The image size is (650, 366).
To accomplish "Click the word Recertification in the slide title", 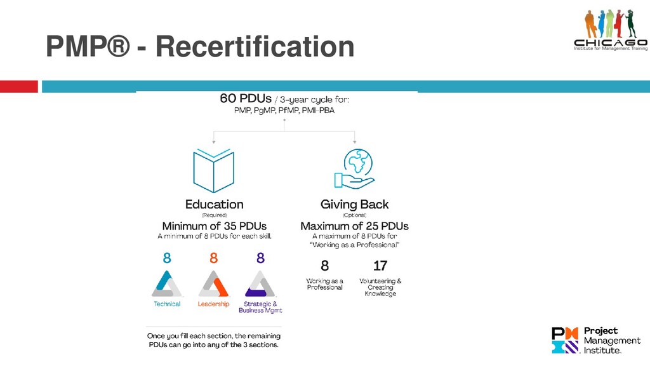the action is pos(255,48).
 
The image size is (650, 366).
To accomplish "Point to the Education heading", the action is pos(214,205).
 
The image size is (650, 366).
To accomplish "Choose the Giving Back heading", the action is pos(354,205).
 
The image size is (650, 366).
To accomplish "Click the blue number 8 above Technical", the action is pos(167,259).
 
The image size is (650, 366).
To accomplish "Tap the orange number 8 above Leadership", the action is pos(213,259).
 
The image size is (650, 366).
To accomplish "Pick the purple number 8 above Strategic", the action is pos(260,259).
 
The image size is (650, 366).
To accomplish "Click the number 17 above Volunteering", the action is pos(380,266).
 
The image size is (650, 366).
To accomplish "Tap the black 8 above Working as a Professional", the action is pos(324,266).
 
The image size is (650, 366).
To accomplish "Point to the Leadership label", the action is pos(213,304).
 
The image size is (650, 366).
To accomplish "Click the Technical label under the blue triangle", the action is pos(167,304).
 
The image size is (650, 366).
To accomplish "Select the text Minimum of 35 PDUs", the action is pos(215,226).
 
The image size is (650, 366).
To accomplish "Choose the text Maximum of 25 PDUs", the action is pos(354,226).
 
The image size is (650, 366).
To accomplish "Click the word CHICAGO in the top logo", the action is pos(610,43).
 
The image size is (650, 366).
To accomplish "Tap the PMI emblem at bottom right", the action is pos(565,340).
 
